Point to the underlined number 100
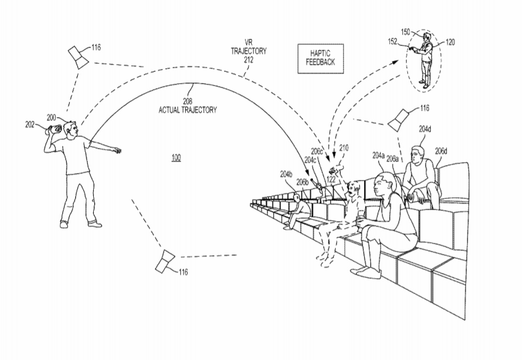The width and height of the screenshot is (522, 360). (176, 158)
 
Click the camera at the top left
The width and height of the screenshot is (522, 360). (78, 55)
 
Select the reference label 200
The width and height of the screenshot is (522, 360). (51, 117)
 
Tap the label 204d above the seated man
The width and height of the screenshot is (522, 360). (425, 129)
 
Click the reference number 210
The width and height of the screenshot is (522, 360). (344, 147)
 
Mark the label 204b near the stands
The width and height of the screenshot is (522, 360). (286, 174)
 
